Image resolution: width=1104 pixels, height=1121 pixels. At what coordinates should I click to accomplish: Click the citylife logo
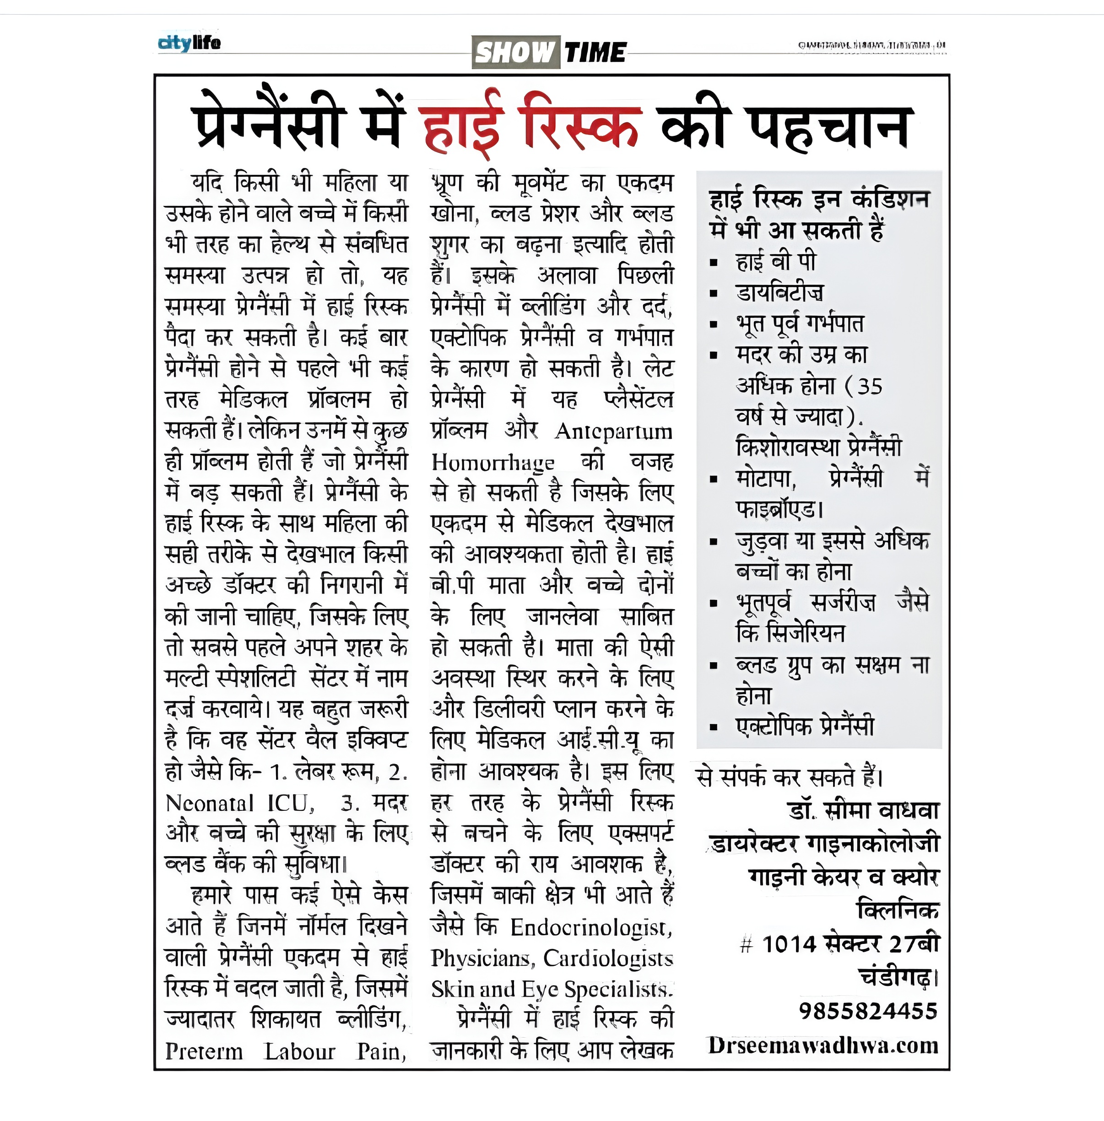(189, 43)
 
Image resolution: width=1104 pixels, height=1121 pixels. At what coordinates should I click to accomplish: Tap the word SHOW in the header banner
(515, 53)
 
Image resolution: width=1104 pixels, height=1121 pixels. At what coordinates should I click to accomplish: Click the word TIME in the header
(595, 53)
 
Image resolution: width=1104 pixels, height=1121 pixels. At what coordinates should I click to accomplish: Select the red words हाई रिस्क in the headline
(530, 124)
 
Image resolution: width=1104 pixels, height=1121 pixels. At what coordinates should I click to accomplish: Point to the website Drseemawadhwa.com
(823, 1045)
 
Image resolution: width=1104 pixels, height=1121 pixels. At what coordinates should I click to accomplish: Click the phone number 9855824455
(868, 1011)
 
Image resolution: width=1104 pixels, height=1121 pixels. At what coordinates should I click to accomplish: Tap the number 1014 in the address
(789, 944)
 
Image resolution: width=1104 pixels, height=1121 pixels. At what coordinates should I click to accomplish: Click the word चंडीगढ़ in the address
(896, 977)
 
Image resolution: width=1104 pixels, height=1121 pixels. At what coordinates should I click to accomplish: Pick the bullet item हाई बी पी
(775, 261)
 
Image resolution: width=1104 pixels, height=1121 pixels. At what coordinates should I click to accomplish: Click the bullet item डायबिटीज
(779, 293)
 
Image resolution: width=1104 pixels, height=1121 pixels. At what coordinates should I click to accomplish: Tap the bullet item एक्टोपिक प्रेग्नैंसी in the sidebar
(805, 726)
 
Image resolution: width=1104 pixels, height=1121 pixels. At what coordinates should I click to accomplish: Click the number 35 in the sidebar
(869, 386)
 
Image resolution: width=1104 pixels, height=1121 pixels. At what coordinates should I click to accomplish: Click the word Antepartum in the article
(613, 431)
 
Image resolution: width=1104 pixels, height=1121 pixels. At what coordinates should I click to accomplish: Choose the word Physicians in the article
(481, 959)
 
